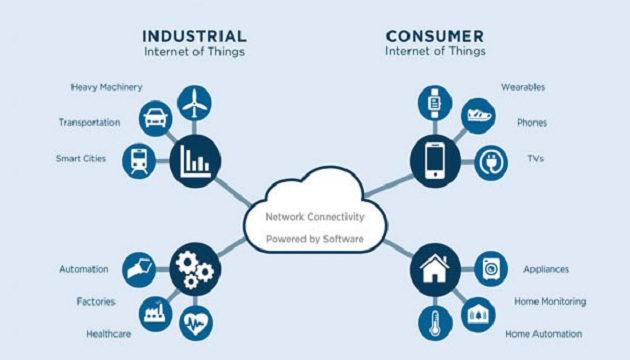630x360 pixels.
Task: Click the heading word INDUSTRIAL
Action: point(193,35)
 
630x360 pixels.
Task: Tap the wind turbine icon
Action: point(194,102)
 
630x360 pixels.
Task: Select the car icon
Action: point(156,118)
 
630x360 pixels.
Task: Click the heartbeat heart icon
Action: point(196,323)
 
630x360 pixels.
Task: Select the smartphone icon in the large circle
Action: point(434,160)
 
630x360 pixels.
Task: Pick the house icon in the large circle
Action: point(434,268)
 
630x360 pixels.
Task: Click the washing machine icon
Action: point(491,268)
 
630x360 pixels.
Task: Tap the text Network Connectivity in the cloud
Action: point(315,216)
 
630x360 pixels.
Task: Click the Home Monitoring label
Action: point(549,301)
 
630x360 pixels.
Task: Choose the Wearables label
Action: point(523,87)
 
